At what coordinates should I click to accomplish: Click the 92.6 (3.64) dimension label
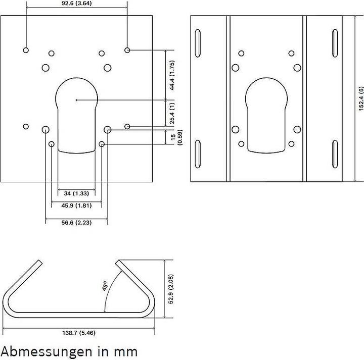[x=77, y=3]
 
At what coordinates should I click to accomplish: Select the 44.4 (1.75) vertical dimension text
[x=172, y=75]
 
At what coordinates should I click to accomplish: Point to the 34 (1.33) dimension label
[x=76, y=193]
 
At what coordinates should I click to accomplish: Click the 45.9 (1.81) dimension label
[x=76, y=206]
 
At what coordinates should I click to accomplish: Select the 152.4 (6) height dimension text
[x=361, y=98]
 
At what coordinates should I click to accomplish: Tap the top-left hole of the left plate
[x=26, y=50]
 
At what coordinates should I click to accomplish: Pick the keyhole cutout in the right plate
[x=267, y=116]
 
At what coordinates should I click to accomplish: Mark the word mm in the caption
[x=126, y=350]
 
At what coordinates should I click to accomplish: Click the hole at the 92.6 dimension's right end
[x=127, y=50]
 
